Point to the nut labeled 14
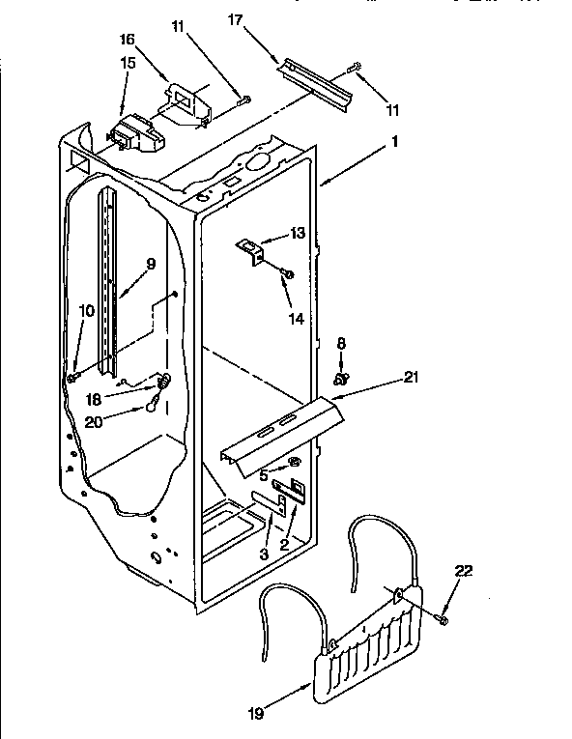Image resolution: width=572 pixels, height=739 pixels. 288,275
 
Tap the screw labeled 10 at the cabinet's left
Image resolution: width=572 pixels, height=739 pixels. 71,377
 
